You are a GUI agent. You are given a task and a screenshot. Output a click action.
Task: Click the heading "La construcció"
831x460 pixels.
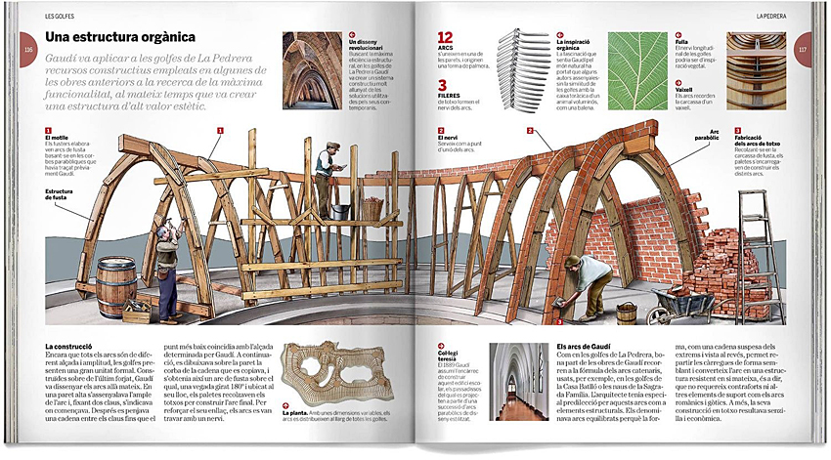[x=69, y=348]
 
